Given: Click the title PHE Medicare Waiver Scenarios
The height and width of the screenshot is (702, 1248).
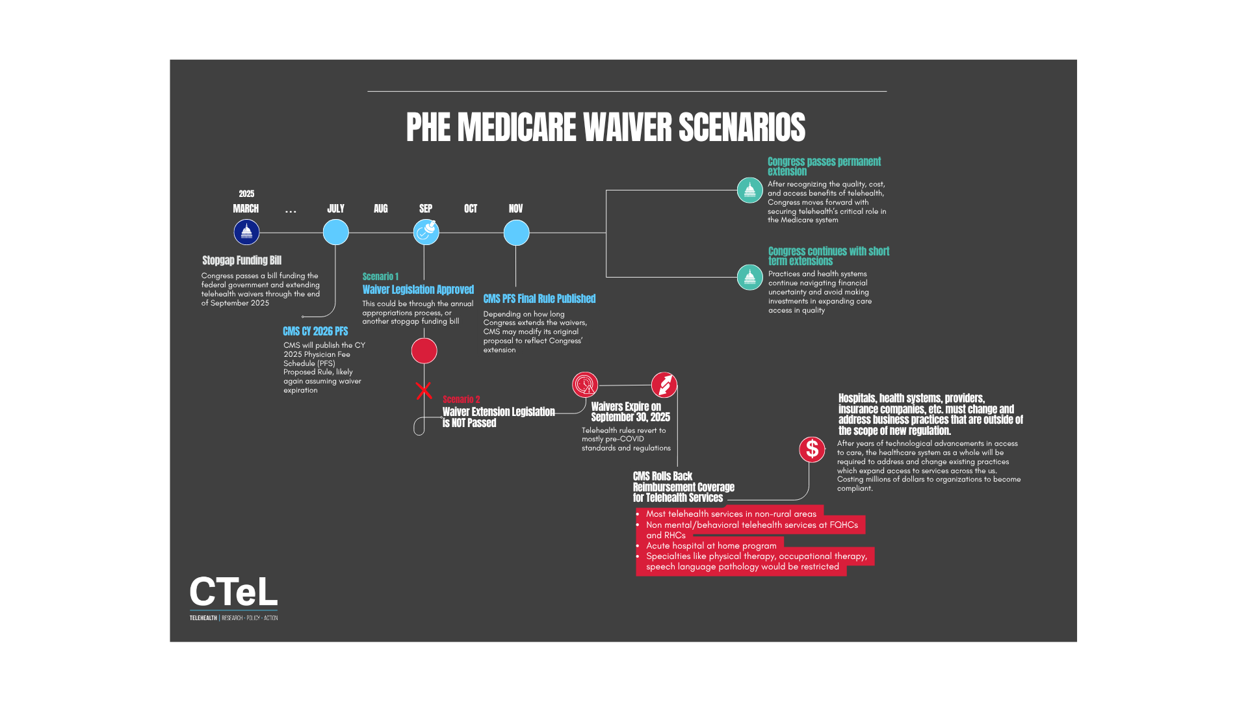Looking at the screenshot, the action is [605, 127].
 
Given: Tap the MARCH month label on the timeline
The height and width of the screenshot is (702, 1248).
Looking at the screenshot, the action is [246, 209].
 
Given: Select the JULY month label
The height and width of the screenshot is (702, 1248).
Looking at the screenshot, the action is [335, 209].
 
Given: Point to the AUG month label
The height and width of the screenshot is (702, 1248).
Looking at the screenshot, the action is [380, 209].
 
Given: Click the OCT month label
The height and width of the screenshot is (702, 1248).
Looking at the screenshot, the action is [471, 209].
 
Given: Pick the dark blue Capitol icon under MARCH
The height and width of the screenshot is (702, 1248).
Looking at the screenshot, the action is [246, 232].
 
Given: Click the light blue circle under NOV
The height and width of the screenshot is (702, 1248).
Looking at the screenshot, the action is [516, 233].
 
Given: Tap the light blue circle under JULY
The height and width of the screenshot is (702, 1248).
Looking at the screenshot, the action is [335, 232].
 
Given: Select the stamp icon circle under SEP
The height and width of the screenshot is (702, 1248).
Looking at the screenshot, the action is [426, 231].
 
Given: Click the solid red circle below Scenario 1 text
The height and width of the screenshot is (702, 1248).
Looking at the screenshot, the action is [424, 351].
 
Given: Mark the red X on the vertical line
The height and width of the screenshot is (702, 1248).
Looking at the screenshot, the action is [424, 391].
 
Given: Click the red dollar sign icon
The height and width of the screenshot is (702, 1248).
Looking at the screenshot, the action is [812, 449].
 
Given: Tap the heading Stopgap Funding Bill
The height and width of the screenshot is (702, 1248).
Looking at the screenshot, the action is [242, 261].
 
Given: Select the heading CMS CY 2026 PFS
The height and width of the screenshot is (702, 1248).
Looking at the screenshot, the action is [315, 331].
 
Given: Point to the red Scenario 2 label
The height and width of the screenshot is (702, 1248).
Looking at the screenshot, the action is [461, 400].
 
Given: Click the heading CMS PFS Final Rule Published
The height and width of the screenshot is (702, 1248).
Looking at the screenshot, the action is [539, 299].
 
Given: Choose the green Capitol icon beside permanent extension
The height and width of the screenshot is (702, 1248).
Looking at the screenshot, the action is [749, 190].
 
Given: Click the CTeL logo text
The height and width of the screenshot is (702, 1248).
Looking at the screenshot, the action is [233, 592].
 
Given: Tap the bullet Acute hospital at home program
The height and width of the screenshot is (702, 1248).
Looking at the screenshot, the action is [711, 546].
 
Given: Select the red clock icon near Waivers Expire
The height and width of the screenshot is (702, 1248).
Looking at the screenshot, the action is [585, 385].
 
